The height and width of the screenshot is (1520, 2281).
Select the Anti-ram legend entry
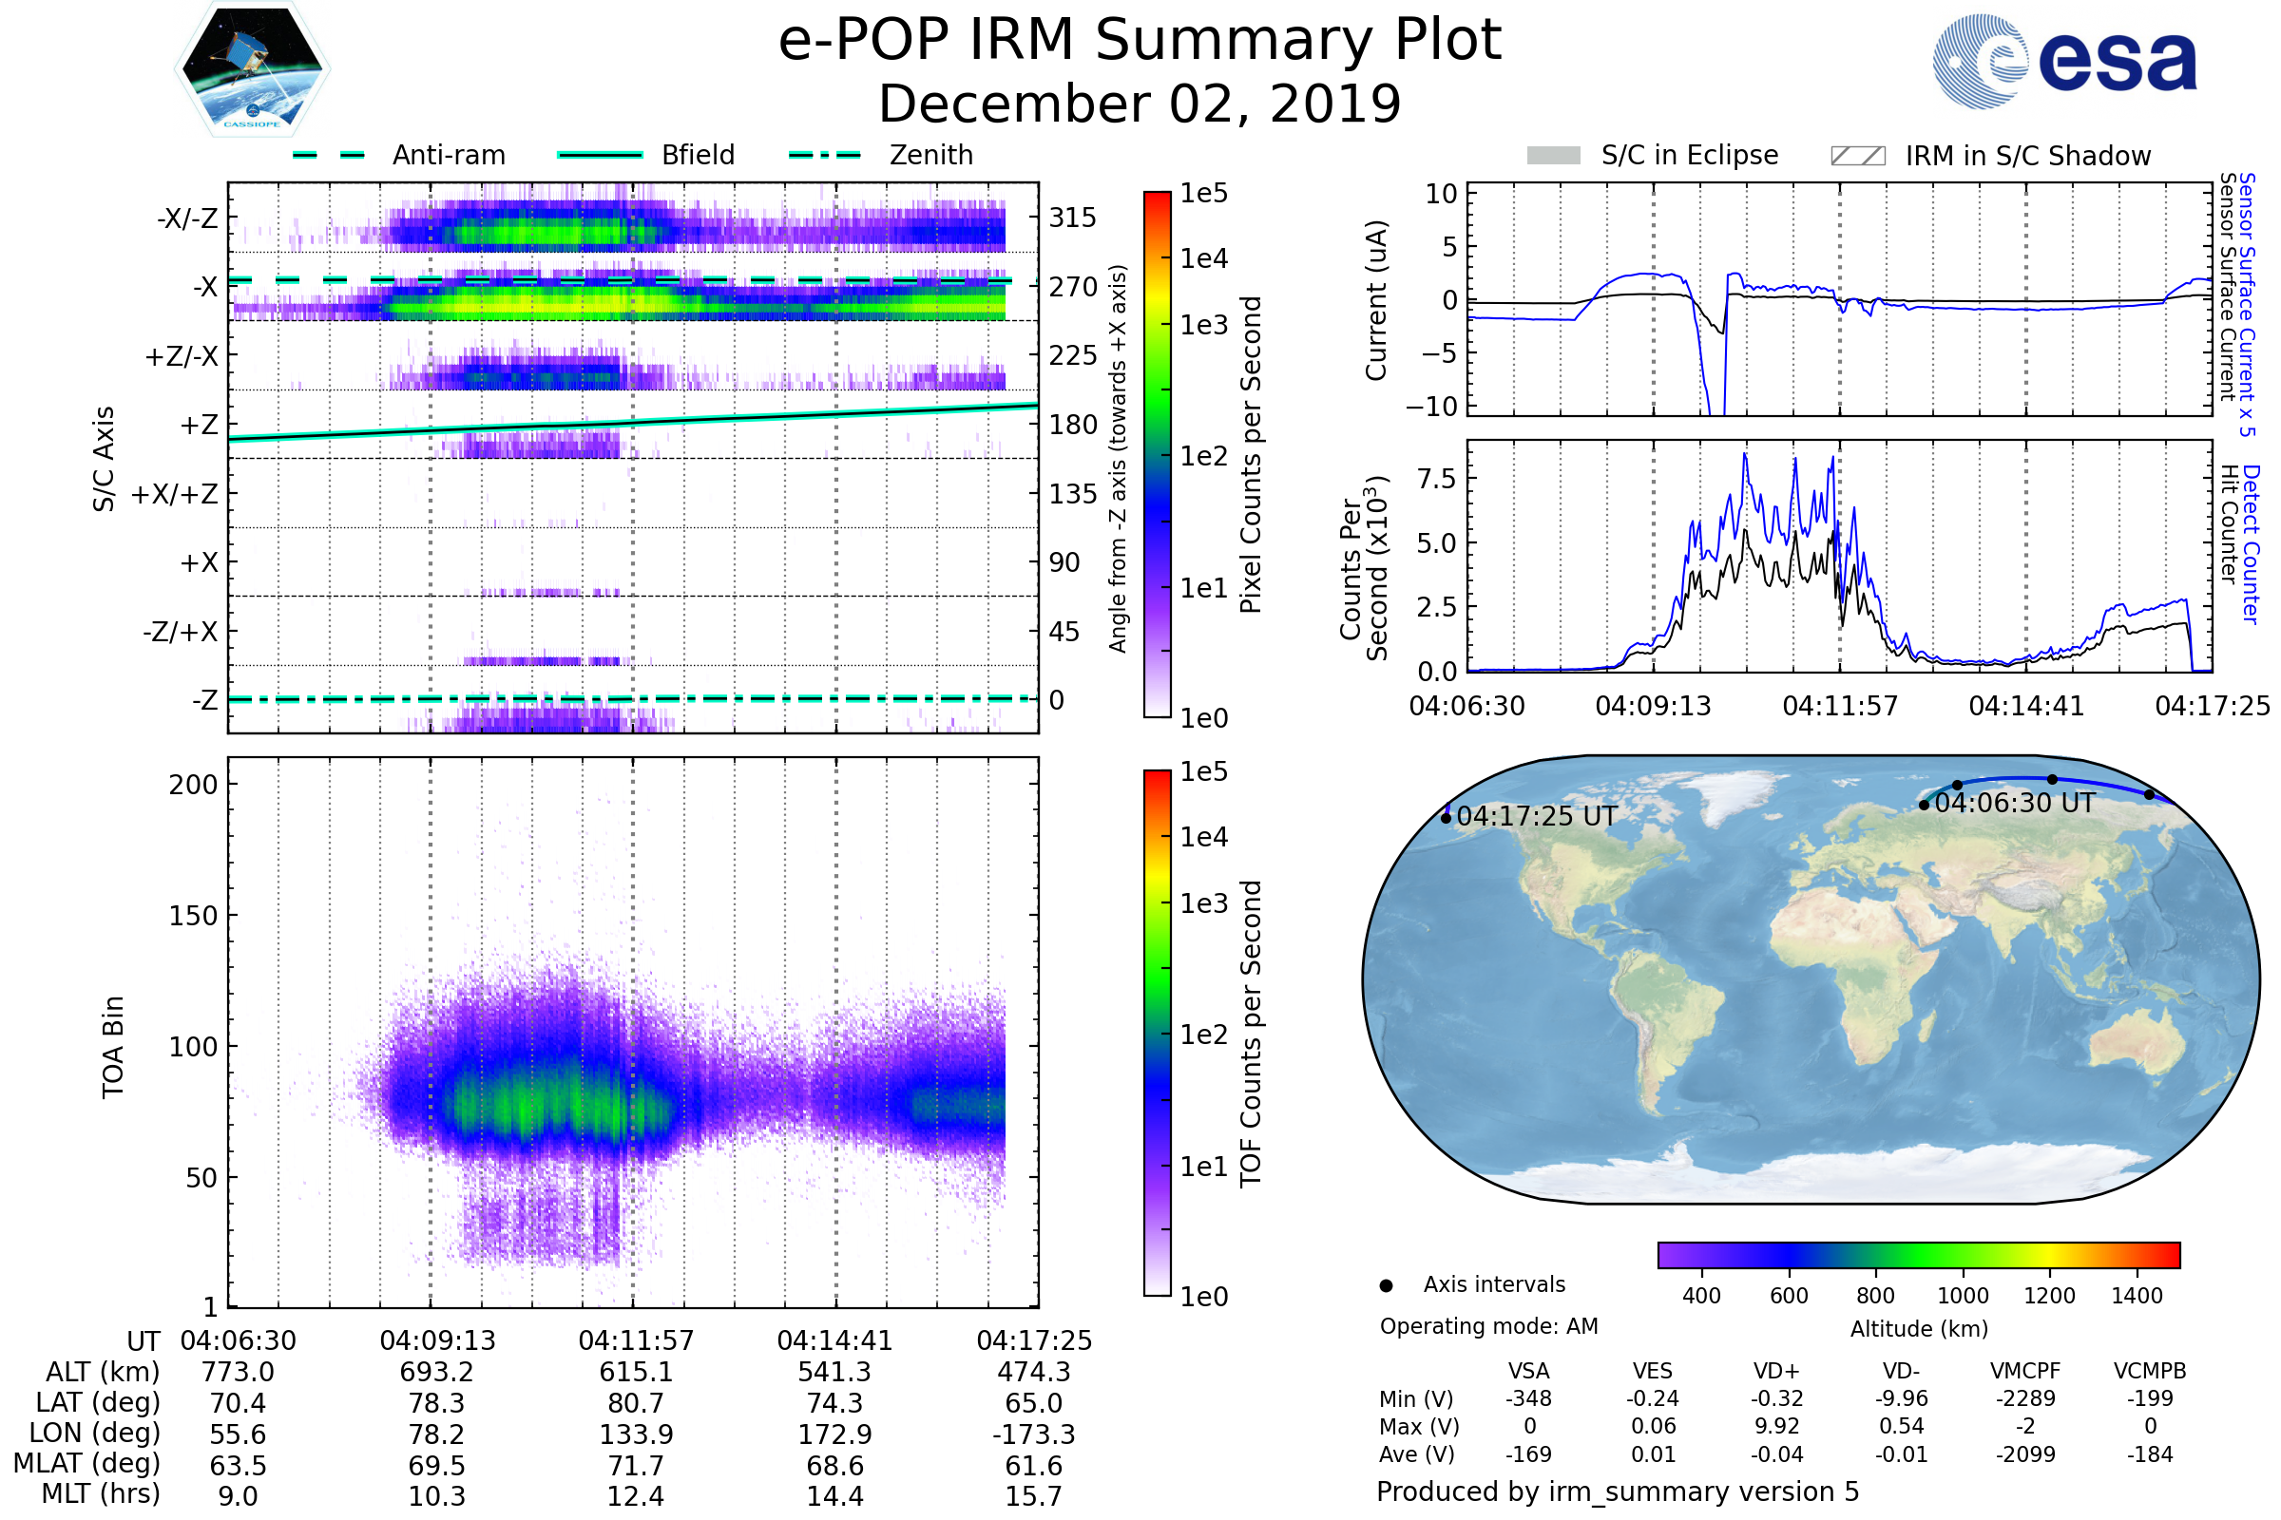pos(448,155)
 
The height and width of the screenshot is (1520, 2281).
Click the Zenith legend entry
pos(930,155)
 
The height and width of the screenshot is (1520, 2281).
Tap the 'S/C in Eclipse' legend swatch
pos(1553,156)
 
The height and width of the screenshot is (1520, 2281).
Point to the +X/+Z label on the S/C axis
pos(175,494)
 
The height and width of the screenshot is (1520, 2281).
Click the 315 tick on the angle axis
pos(1072,218)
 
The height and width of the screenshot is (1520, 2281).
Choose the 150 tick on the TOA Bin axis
pos(193,916)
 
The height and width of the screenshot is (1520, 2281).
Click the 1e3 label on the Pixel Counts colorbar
pos(1203,326)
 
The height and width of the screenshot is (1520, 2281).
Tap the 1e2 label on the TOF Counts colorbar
pos(1203,1035)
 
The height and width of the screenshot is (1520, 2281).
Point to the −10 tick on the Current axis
pos(1431,407)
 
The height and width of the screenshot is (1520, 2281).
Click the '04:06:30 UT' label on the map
pos(2014,804)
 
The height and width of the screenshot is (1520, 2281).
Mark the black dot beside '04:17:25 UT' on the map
pos(1446,818)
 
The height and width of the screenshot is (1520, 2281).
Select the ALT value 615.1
pos(635,1373)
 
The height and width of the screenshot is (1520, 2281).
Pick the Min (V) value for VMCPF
pos(2025,1398)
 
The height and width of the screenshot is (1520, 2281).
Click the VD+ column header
pos(1776,1372)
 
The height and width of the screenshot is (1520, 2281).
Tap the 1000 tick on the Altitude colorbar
pos(1962,1296)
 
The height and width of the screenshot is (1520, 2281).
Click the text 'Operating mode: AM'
pos(1488,1326)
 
